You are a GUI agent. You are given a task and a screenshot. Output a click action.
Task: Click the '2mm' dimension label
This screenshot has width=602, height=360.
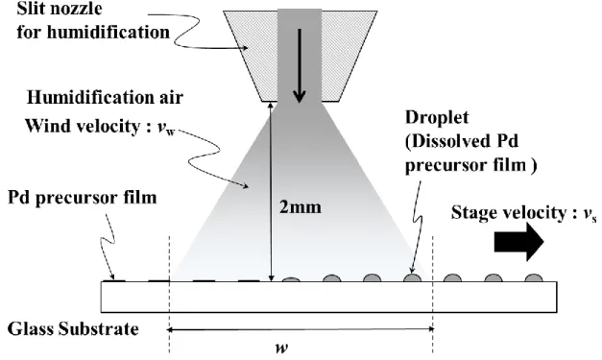pos(301,207)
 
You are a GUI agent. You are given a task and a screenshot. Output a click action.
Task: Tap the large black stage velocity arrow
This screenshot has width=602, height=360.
pos(518,242)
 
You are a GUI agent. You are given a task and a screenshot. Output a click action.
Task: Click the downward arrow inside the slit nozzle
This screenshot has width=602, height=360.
pos(300,65)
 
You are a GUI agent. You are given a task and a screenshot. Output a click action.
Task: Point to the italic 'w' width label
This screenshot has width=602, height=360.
pos(282,348)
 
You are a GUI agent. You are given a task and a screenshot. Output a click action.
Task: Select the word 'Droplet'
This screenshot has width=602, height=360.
pos(437,117)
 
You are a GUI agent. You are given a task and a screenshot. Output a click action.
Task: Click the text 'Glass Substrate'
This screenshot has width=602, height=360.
pos(73,329)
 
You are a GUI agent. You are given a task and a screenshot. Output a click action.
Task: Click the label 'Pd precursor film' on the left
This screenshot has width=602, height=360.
pos(83,198)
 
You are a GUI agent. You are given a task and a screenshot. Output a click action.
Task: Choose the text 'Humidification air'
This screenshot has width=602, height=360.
pos(105,98)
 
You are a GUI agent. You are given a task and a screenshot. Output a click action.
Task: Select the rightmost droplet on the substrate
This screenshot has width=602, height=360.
pos(534,277)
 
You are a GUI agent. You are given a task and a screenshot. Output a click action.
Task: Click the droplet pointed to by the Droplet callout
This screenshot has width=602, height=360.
pos(412,277)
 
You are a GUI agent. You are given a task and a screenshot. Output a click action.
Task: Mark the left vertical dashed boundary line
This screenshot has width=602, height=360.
pos(169,295)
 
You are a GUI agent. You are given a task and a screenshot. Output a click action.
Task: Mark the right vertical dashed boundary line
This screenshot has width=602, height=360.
pos(433,295)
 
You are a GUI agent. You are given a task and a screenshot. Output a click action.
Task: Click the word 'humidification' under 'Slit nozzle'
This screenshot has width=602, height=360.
pos(108,32)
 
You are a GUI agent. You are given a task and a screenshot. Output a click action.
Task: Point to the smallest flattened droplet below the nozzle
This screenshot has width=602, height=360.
pos(291,279)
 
